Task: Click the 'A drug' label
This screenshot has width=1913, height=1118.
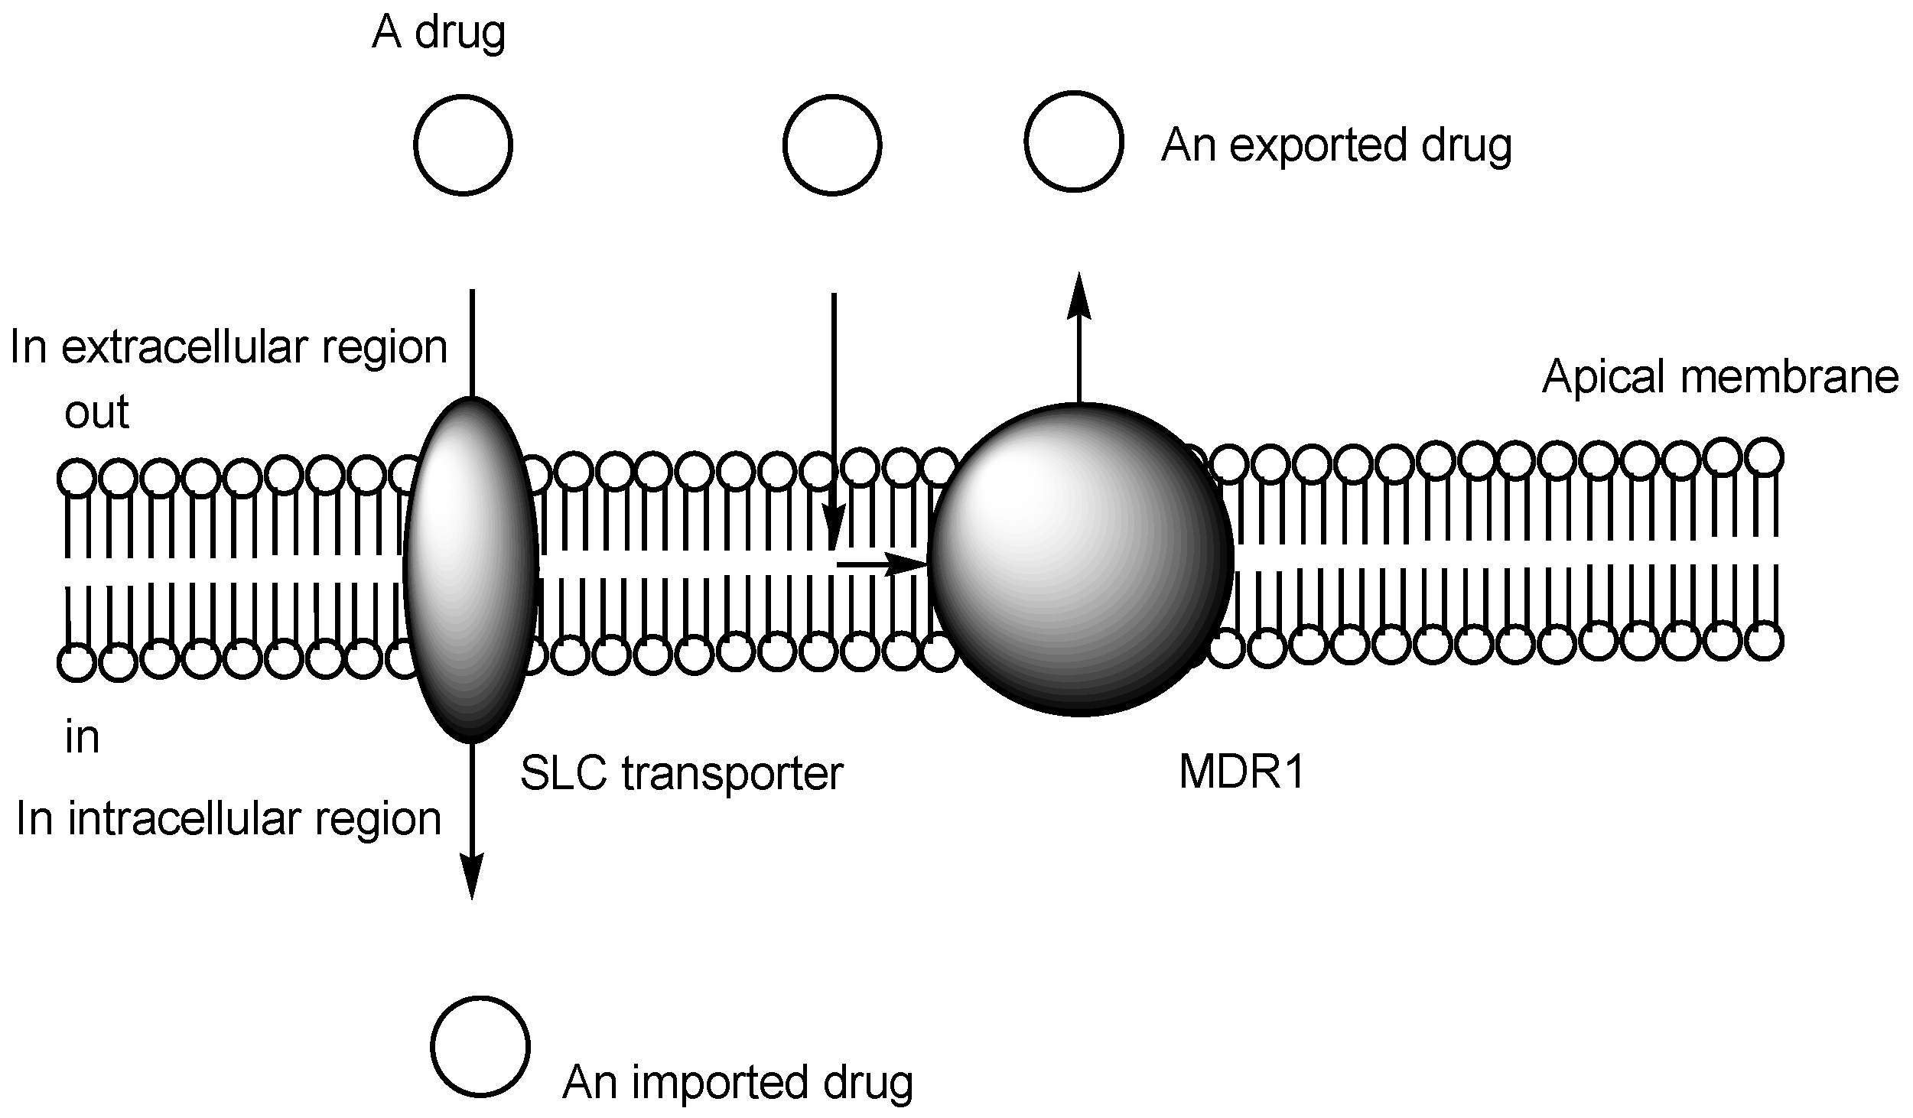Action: [x=438, y=34]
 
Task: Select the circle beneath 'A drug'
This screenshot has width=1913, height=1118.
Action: [x=463, y=145]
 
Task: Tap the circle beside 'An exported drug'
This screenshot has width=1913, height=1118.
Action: [x=1073, y=141]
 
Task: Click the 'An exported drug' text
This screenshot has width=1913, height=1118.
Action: [x=1336, y=145]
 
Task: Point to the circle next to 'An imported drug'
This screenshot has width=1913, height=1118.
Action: [x=480, y=1045]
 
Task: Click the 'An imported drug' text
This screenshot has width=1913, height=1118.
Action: [x=737, y=1083]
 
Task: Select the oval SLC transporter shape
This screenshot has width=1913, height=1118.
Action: [x=470, y=570]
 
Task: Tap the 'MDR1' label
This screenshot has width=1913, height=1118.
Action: [x=1241, y=773]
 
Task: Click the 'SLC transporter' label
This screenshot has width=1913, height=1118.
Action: [x=681, y=773]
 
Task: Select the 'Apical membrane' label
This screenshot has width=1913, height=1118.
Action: [x=1719, y=377]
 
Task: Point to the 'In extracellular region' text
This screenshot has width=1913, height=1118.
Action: [x=228, y=348]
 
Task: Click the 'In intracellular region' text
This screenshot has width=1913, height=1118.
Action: [x=228, y=819]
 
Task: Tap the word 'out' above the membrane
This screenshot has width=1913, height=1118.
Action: [x=96, y=412]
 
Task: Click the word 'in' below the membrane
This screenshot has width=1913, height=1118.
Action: [x=82, y=738]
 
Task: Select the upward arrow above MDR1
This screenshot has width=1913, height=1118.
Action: [x=1079, y=336]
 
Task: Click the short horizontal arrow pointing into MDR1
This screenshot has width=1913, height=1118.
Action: [x=880, y=564]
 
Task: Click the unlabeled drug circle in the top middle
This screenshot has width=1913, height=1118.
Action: [x=832, y=145]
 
